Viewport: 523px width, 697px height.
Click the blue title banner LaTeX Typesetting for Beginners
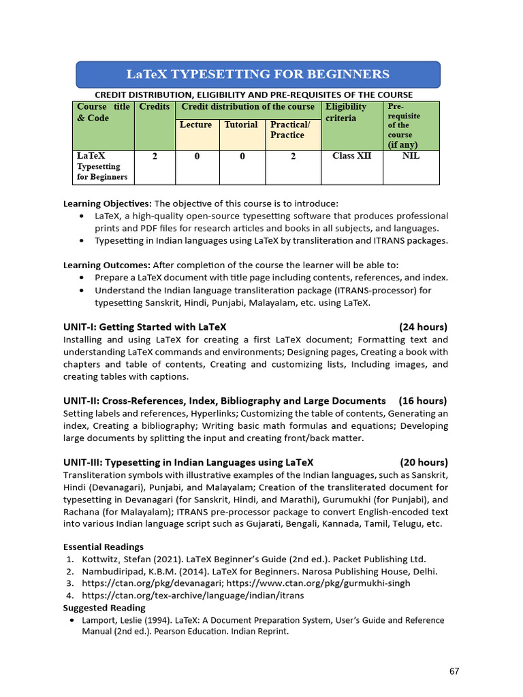[x=257, y=74]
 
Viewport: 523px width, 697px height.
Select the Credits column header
[x=155, y=107]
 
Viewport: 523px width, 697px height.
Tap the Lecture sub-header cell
[x=195, y=125]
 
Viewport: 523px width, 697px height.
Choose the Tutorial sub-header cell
[x=241, y=125]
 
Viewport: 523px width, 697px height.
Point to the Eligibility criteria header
[x=346, y=112]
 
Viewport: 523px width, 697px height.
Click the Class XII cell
[x=351, y=156]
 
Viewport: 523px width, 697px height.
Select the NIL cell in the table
[x=411, y=156]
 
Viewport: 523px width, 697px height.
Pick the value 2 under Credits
[x=155, y=157]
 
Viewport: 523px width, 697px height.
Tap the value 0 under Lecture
[x=196, y=157]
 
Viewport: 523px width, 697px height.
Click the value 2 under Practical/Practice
[x=293, y=157]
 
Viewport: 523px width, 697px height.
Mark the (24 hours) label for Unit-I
[x=424, y=327]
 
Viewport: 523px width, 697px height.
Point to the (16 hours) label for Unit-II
[x=424, y=400]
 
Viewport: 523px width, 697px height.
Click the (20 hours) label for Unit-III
[x=424, y=462]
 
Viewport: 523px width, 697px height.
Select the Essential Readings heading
[x=104, y=547]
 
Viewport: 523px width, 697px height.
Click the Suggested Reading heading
[x=104, y=608]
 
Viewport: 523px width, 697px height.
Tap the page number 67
[x=454, y=671]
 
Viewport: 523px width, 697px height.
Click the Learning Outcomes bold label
[x=107, y=265]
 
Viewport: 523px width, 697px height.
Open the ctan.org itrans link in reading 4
[x=193, y=596]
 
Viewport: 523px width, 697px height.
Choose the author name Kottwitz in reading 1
[x=102, y=559]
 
